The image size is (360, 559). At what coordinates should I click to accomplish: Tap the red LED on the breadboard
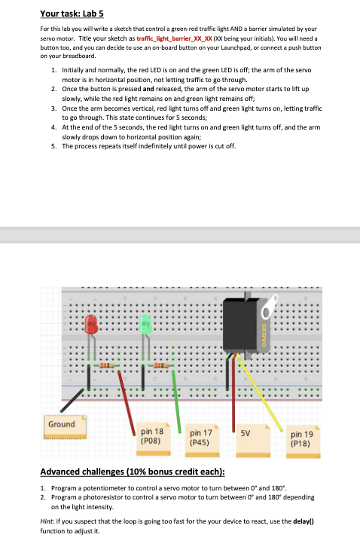(x=91, y=325)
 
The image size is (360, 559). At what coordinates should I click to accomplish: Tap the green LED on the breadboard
(x=146, y=325)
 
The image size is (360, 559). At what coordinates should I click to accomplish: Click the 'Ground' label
(x=61, y=424)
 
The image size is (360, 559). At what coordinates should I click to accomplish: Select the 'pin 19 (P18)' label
(x=303, y=438)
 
